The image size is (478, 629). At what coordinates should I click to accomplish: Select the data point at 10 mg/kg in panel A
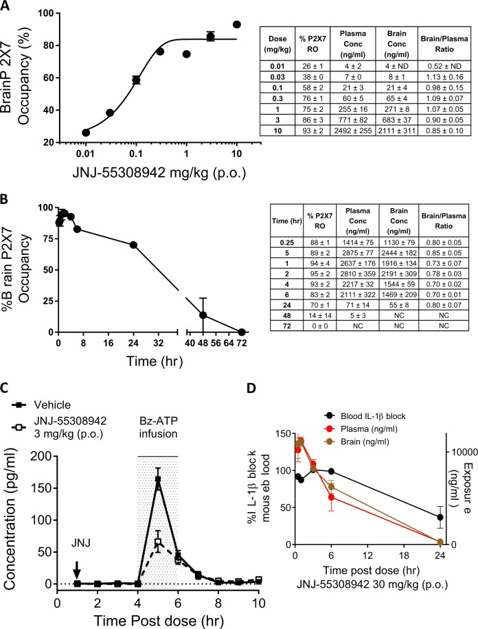(x=237, y=25)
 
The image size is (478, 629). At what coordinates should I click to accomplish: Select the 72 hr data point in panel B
(x=241, y=332)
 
